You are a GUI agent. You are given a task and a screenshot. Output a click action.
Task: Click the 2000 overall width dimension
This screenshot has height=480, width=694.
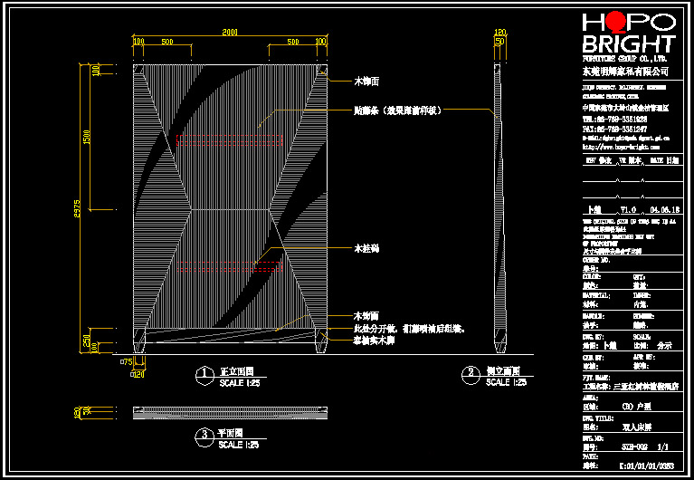click(230, 33)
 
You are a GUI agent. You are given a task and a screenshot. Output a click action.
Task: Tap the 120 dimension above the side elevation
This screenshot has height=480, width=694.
click(499, 34)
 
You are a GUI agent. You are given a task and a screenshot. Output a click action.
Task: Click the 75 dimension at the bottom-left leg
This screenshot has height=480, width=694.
click(126, 361)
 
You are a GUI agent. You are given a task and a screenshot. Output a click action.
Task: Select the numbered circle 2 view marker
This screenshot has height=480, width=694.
click(470, 372)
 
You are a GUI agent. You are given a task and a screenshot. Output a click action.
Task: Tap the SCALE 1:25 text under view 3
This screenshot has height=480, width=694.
click(239, 445)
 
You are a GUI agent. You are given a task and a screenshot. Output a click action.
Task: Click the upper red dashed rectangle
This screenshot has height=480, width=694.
click(230, 142)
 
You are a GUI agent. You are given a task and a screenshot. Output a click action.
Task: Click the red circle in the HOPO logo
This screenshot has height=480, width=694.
click(617, 22)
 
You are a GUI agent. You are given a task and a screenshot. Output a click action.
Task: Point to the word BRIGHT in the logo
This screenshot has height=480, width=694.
click(629, 44)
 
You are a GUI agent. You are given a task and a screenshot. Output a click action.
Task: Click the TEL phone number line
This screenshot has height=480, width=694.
click(614, 119)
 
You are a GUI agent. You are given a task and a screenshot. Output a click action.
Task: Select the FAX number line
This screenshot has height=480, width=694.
click(614, 129)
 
